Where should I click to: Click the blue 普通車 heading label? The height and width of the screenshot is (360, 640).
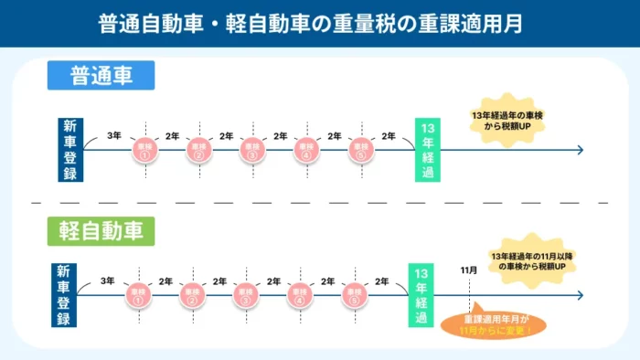tap(101, 76)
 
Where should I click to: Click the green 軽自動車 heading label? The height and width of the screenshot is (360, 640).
tap(101, 231)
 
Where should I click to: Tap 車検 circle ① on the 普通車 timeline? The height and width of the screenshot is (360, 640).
tap(144, 150)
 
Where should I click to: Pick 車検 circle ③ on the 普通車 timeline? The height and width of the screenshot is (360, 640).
tap(251, 150)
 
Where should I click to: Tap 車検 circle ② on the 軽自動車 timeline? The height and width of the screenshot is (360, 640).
tap(191, 295)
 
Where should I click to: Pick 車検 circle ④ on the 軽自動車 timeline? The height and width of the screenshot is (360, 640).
tap(299, 295)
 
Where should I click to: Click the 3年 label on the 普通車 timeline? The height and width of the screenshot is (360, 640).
tap(113, 136)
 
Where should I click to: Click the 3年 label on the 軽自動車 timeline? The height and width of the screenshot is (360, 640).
tap(107, 281)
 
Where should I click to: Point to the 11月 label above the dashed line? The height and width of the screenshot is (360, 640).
tap(469, 270)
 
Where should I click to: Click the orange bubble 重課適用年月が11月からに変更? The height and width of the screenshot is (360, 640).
tap(496, 324)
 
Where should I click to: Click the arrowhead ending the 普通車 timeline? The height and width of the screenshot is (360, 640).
tap(579, 150)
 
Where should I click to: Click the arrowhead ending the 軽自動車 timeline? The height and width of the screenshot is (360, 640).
tap(579, 295)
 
